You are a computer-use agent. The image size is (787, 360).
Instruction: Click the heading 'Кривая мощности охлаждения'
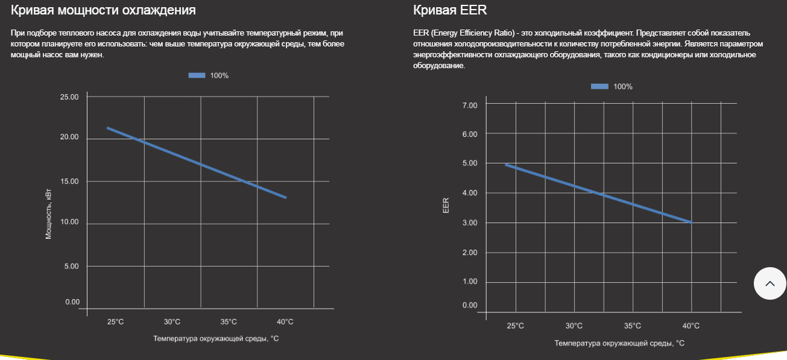tap(103, 10)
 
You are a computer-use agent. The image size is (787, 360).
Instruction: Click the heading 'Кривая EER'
tap(450, 10)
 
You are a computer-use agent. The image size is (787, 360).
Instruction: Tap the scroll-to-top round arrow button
tap(770, 283)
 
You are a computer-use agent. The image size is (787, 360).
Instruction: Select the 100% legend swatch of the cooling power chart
tap(197, 75)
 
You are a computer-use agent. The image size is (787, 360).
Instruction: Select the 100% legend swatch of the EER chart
tap(599, 86)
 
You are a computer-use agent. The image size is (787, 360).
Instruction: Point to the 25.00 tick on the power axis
tap(70, 97)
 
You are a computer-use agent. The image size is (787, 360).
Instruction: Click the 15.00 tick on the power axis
tap(70, 182)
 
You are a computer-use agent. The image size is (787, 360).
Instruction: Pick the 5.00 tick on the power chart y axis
tap(72, 266)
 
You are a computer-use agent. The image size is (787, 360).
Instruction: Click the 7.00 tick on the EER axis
tap(470, 106)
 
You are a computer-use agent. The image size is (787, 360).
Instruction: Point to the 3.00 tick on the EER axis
tap(470, 223)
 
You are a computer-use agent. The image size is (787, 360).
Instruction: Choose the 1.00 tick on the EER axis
tap(470, 282)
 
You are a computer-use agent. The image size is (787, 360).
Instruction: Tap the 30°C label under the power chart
tap(172, 322)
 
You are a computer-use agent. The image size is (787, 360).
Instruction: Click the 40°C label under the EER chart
tap(691, 326)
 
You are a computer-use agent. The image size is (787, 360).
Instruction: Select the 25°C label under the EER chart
tap(515, 326)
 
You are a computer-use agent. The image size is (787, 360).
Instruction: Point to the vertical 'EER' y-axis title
tap(446, 206)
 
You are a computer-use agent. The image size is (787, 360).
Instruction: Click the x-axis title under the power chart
tap(216, 339)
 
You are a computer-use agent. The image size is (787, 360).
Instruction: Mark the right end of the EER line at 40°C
tap(691, 223)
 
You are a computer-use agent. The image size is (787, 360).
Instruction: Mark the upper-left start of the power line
tap(108, 128)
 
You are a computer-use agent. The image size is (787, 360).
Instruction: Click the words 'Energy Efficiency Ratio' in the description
tap(468, 33)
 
